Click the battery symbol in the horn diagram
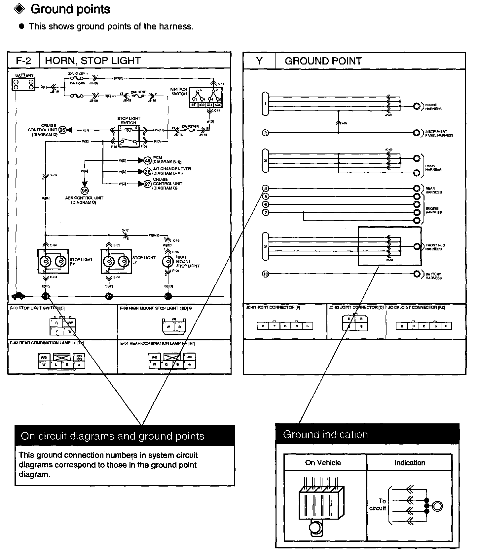tap(24, 84)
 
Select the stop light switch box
tap(129, 136)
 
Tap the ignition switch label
tap(179, 92)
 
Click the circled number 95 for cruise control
tap(62, 130)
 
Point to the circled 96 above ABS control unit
tap(85, 191)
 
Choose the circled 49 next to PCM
tap(148, 161)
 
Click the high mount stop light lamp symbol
tap(168, 262)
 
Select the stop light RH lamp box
tap(53, 261)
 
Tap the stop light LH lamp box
tap(116, 261)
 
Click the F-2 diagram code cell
tap(23, 61)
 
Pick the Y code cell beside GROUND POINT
tap(259, 61)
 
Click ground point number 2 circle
tap(266, 133)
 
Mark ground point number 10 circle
tap(266, 274)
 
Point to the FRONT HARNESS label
tap(433, 107)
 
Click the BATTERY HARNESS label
tap(433, 276)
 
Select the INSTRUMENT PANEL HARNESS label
tap(439, 133)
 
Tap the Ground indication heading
tap(325, 435)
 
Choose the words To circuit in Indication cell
tap(378, 505)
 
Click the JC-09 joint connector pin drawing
tap(424, 326)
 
